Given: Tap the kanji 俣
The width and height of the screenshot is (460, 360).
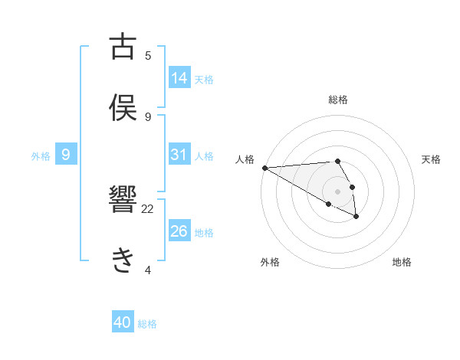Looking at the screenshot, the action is tap(123, 106).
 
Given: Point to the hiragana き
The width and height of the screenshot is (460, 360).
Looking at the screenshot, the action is tap(123, 261).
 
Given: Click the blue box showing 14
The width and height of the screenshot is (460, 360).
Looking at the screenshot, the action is tap(179, 77).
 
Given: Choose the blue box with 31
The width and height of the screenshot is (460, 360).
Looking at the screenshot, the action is tap(179, 155).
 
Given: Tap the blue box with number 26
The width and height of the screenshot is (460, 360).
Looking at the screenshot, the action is tap(179, 231).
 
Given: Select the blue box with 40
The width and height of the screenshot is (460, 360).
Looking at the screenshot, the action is tap(123, 322).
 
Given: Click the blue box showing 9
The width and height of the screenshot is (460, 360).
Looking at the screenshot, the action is tap(66, 155).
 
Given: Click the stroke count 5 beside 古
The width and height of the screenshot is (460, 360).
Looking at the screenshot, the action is tap(148, 55).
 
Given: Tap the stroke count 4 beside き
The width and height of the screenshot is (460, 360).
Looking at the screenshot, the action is tap(148, 270).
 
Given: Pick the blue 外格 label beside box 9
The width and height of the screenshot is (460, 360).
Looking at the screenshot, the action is tap(41, 155).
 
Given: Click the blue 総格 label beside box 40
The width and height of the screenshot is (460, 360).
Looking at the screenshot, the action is tap(147, 324).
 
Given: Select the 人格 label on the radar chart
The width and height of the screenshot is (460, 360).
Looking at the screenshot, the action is tap(245, 159).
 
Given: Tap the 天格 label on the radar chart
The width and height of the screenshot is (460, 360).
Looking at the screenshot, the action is tap(432, 159).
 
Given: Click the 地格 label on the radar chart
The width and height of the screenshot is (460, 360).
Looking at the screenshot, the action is tap(402, 262).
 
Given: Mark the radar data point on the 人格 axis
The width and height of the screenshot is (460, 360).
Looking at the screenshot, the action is tap(264, 168).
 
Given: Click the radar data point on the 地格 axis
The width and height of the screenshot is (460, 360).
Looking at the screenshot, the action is tap(356, 217).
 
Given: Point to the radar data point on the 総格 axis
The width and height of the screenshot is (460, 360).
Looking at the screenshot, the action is tap(337, 161).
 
